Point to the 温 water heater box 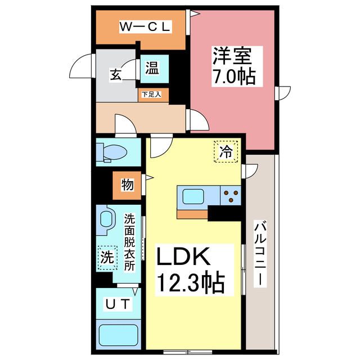[x=152, y=69]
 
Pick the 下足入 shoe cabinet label [x=151, y=94]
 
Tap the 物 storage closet [x=127, y=184]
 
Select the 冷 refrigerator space [x=226, y=151]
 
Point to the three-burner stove [x=230, y=197]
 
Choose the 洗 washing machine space [x=106, y=258]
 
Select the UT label [x=119, y=304]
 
